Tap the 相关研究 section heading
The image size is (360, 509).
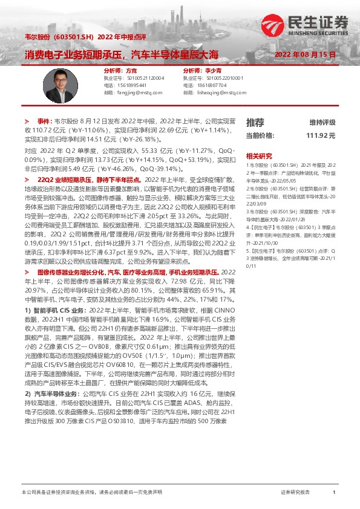tap(259, 156)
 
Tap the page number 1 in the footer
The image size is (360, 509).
tap(334, 493)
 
